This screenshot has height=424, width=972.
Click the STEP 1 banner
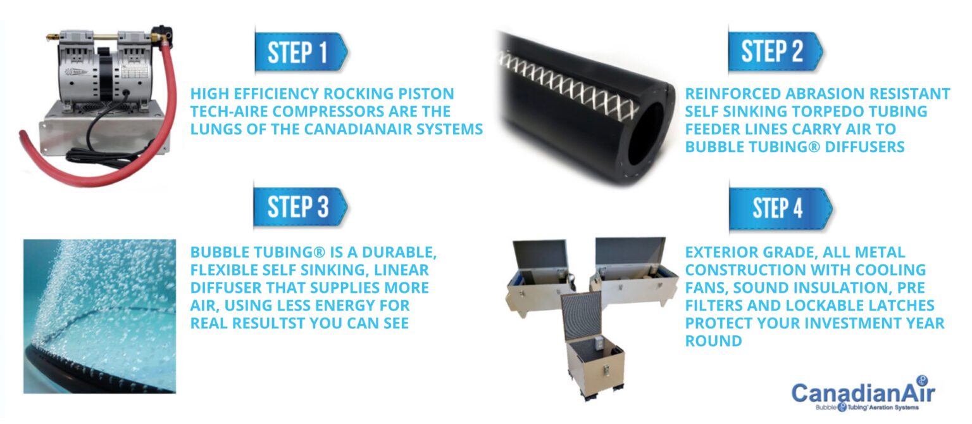(x=301, y=52)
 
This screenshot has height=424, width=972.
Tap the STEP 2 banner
(x=775, y=51)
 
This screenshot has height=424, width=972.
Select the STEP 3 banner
(x=301, y=207)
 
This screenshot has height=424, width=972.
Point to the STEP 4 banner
(x=780, y=208)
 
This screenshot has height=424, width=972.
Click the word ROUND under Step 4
(x=713, y=341)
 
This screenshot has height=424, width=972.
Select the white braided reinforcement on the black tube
(x=568, y=85)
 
